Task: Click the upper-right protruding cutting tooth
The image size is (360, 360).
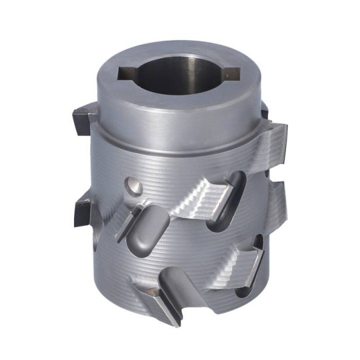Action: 272,141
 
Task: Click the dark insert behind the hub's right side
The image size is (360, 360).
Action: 265,110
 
